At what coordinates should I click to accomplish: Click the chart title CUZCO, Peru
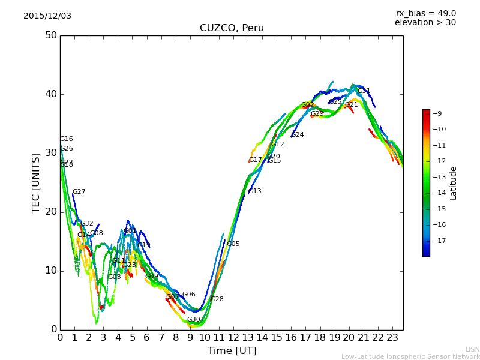point(232,28)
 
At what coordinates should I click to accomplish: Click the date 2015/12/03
point(47,16)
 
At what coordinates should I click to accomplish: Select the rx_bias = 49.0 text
point(425,14)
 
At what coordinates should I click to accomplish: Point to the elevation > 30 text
point(425,23)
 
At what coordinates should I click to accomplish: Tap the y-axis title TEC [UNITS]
point(36,182)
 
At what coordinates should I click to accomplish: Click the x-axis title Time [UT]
point(232,351)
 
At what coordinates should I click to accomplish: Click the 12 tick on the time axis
point(233,338)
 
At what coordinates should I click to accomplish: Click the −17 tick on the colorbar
point(439,241)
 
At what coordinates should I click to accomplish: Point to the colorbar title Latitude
point(454,183)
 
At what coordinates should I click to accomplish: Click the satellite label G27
point(79,192)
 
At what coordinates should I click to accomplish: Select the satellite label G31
point(364,91)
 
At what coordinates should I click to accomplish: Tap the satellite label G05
point(233,244)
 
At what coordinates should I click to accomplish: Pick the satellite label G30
point(194,320)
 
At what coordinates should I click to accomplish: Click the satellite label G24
point(298,135)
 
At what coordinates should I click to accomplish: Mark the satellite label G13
point(255,191)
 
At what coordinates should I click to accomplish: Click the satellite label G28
point(217,299)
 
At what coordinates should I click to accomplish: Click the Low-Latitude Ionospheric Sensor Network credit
point(410,356)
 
